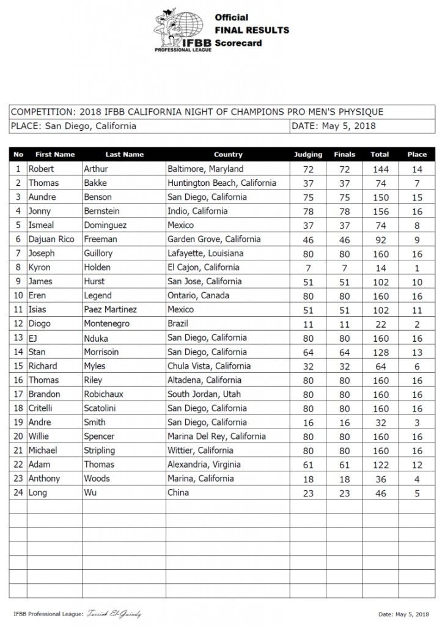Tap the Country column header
point(228,155)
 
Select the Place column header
point(417,155)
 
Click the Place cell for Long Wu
point(417,492)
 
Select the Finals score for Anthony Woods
point(344,478)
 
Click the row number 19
point(18,422)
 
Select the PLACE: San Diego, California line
point(73,127)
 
